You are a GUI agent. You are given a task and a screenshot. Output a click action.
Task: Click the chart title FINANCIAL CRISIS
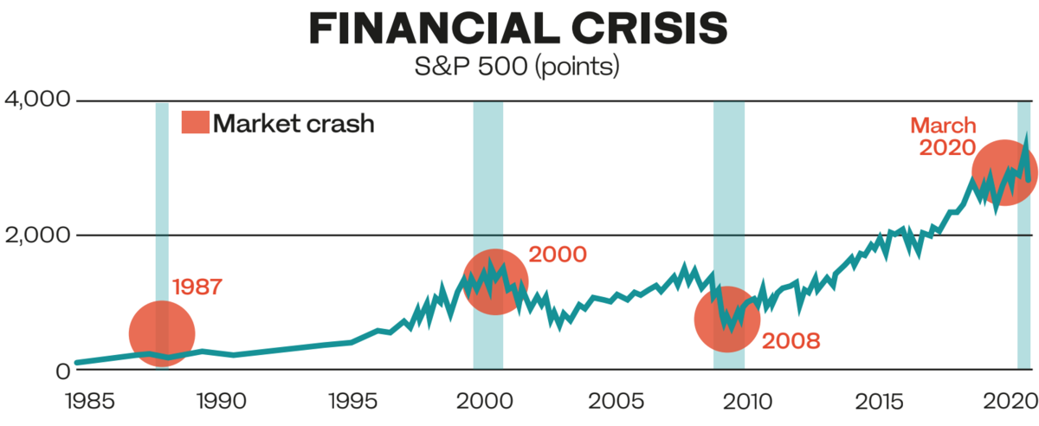(518, 29)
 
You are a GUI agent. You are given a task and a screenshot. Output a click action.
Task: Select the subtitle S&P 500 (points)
(519, 67)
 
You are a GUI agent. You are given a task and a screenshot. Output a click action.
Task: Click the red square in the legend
(194, 123)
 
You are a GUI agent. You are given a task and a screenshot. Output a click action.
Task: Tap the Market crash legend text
(294, 123)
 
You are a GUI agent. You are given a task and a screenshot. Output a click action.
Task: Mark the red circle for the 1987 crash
(162, 334)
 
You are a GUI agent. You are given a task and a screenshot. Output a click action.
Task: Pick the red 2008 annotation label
(791, 340)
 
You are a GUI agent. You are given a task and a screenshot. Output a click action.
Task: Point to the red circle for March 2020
(1004, 172)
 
